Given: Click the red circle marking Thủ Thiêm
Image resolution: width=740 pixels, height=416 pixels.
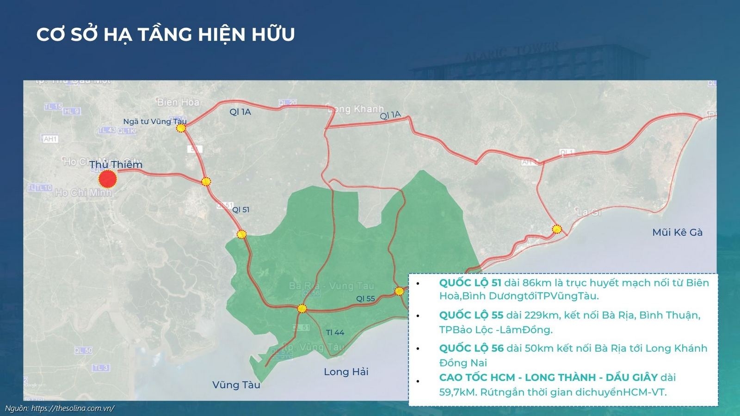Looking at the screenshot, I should [108, 179].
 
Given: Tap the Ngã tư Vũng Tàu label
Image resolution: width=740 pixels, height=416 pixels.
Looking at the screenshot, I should [154, 122].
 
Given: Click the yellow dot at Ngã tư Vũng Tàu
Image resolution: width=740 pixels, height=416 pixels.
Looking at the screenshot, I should [181, 128].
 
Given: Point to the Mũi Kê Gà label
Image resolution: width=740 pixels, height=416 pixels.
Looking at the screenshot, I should [677, 232].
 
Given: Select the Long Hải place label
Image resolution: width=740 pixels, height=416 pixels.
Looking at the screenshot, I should [346, 372].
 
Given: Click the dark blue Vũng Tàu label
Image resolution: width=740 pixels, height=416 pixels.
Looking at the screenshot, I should [236, 385].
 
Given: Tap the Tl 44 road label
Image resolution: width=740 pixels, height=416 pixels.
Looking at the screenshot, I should [335, 332].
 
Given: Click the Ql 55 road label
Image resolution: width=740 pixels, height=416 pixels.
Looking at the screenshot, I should [365, 299].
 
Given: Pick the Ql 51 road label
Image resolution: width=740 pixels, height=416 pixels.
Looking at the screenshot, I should [240, 209].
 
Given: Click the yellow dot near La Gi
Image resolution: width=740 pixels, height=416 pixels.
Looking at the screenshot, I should [557, 229].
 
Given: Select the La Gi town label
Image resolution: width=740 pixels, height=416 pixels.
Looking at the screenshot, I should [589, 212].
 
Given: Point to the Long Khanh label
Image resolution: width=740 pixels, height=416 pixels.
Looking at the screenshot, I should [356, 109].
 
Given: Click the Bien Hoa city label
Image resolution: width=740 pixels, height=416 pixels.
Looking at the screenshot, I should [178, 102].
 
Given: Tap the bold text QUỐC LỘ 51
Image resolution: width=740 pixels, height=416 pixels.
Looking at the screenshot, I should [470, 282].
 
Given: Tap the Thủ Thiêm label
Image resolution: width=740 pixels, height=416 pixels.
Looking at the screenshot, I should [116, 165].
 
